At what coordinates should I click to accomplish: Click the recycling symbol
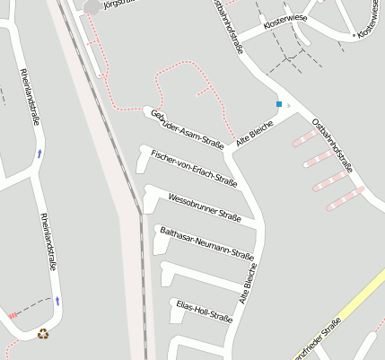point(43,334)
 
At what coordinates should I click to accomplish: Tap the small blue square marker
point(279,104)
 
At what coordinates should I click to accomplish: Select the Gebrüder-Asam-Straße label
point(187,128)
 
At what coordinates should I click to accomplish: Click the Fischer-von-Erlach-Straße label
point(194,168)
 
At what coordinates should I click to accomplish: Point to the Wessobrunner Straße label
point(205,206)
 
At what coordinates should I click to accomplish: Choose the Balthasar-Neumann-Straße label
point(206,243)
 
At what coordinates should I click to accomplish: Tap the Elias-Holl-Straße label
point(205,311)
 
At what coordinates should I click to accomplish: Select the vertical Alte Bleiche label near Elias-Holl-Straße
point(249,283)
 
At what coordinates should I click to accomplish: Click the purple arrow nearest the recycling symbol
point(57,300)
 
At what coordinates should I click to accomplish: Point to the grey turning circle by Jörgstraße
point(92,7)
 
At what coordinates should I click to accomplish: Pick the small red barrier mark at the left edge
point(12,315)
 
